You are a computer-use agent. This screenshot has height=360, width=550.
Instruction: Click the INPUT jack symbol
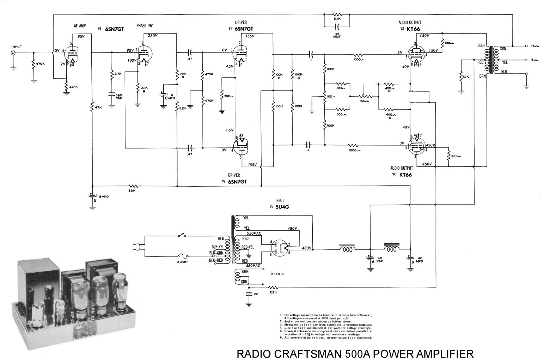[13, 53]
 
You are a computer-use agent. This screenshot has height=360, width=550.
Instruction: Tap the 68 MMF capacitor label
[337, 36]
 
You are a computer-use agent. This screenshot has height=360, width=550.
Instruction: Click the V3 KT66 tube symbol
[417, 54]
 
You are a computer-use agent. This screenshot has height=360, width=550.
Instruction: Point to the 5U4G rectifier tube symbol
[281, 247]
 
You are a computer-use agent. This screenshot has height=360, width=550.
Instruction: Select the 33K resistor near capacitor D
[133, 185]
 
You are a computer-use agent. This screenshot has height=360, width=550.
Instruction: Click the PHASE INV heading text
[145, 26]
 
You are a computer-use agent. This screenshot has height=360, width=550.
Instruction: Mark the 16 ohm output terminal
[526, 46]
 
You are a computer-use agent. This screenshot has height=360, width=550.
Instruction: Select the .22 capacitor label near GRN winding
[257, 294]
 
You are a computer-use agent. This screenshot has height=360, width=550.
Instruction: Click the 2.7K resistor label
[118, 74]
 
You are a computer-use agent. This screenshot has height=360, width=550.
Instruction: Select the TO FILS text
[277, 274]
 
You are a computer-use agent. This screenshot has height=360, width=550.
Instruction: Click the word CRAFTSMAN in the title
[309, 353]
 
